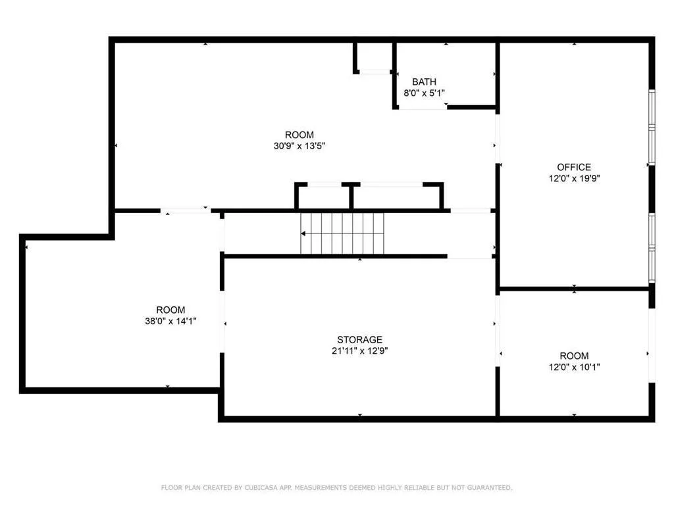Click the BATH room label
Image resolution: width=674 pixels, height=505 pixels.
pyautogui.click(x=424, y=82)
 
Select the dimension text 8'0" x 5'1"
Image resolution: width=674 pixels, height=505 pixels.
pyautogui.click(x=424, y=93)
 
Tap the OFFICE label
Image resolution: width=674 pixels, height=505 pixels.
pyautogui.click(x=574, y=167)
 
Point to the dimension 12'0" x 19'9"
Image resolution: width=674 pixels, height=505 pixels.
pyautogui.click(x=574, y=178)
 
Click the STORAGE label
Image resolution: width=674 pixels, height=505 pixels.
pyautogui.click(x=359, y=339)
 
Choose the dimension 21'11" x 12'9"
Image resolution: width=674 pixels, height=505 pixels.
pyautogui.click(x=359, y=351)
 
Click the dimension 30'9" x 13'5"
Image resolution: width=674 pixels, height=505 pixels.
pyautogui.click(x=299, y=146)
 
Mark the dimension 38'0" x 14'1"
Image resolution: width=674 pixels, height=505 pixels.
pyautogui.click(x=170, y=321)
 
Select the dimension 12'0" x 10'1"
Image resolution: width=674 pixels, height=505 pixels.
pyautogui.click(x=574, y=367)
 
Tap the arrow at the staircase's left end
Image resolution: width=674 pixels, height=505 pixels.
pyautogui.click(x=303, y=233)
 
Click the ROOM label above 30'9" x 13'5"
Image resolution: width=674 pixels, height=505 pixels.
pyautogui.click(x=299, y=135)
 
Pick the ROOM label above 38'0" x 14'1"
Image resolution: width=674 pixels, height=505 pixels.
pyautogui.click(x=170, y=310)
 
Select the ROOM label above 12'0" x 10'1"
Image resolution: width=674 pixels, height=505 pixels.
pyautogui.click(x=574, y=356)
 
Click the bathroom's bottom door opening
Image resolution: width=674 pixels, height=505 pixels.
pyautogui.click(x=421, y=107)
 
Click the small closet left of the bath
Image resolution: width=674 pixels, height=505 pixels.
pyautogui.click(x=374, y=57)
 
